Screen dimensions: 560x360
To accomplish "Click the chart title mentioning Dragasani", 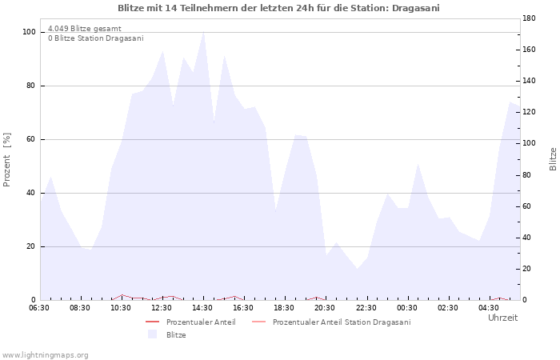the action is coord(278,8).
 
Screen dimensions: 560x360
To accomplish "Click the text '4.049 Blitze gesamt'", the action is coord(85,29).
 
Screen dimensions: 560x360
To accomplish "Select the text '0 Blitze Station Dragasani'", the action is coord(96,38).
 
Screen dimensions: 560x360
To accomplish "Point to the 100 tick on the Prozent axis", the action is coord(30,32).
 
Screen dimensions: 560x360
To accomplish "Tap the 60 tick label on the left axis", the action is coord(30,139).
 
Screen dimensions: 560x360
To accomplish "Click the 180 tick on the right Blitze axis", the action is coord(529,18).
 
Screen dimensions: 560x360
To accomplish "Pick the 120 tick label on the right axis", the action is coord(529,112).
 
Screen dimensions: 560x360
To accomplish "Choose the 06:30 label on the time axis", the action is coord(39,308).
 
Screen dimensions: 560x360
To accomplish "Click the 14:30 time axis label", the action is coord(202,308).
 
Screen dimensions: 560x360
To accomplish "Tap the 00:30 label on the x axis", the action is coord(406,308).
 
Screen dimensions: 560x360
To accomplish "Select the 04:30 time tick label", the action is coord(489,308).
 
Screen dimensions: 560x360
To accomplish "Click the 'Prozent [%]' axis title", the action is coord(6,160).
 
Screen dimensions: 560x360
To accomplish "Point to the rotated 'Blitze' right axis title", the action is coord(553,159).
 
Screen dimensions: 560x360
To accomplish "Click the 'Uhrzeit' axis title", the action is coord(503,318).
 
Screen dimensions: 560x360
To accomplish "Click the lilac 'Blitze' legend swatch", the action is coord(153,334).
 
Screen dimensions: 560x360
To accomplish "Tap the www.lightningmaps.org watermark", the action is coord(45,355).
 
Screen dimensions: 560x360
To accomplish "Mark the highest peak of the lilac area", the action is coord(203,31).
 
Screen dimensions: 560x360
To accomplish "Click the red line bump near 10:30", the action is coord(122,295).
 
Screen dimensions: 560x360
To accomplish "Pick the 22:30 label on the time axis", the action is coord(366,308).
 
